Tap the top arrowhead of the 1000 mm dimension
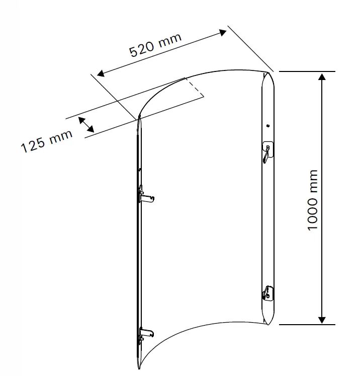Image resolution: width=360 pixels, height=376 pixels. (322, 77)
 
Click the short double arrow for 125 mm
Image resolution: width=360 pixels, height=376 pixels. (87, 125)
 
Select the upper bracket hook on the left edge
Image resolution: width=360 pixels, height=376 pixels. (146, 195)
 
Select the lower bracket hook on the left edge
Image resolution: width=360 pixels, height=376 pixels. (146, 333)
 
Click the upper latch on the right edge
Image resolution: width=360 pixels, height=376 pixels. (267, 151)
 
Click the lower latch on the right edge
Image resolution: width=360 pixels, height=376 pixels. (267, 293)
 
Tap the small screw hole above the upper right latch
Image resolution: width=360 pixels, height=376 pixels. (268, 125)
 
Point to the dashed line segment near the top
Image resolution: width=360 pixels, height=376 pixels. (195, 86)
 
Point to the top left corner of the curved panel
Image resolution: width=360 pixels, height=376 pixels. (139, 117)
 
